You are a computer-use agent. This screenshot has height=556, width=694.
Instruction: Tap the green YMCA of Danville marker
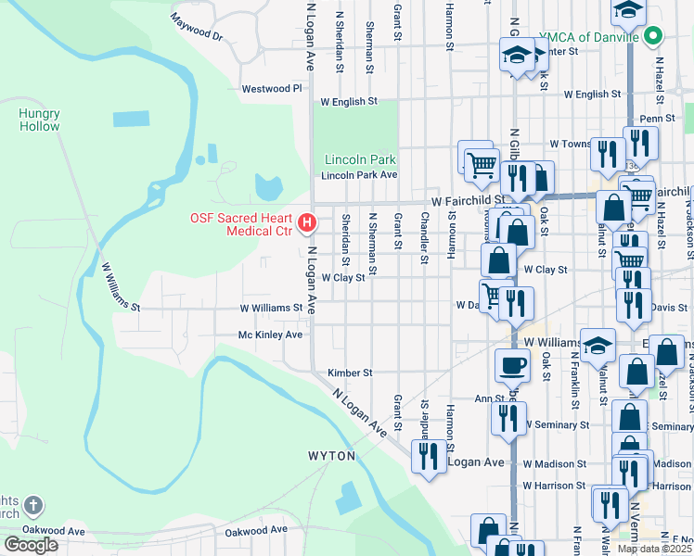click(653, 37)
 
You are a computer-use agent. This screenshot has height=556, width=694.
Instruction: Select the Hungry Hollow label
click(39, 120)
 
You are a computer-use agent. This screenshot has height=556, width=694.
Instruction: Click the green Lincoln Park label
click(360, 159)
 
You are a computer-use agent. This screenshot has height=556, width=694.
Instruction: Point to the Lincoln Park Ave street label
click(359, 175)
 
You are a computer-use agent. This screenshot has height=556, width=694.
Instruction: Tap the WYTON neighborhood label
click(331, 457)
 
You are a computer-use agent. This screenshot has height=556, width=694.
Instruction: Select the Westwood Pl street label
click(272, 89)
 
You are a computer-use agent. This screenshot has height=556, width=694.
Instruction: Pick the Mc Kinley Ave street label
click(270, 335)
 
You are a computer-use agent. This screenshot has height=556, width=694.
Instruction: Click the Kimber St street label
click(350, 373)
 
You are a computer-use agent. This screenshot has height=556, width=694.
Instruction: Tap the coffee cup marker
click(511, 364)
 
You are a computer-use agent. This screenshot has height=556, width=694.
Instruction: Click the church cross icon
click(32, 507)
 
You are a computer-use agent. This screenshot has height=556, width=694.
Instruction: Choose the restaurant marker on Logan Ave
click(428, 456)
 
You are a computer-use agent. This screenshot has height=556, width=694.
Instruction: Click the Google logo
click(31, 545)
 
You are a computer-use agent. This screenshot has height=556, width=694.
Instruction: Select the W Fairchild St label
click(468, 200)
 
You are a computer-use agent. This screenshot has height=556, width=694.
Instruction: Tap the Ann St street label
click(489, 398)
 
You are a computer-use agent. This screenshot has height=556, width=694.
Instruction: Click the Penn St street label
click(657, 119)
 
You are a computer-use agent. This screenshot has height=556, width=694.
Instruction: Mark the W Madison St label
click(554, 463)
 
